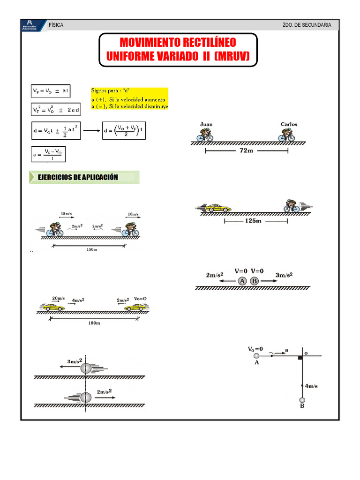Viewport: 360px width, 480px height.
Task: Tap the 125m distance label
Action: point(253,221)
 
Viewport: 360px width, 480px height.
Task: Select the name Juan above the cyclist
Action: point(206,124)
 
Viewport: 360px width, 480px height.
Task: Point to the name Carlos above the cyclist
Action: point(289,124)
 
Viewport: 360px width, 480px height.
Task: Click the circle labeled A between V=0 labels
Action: point(242,281)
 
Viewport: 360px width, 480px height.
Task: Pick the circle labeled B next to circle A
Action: point(254,281)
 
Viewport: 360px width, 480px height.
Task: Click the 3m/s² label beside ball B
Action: point(284,275)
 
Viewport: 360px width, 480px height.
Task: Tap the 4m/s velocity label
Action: point(311,386)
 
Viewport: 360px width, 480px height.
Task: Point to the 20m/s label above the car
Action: point(59,298)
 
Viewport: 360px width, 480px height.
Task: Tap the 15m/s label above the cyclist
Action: point(66,214)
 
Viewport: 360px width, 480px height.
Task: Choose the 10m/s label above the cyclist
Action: point(133,214)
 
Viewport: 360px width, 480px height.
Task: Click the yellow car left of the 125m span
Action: point(219,208)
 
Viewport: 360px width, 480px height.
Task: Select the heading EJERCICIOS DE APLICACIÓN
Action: point(84,177)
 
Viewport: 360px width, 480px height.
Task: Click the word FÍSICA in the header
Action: point(56,25)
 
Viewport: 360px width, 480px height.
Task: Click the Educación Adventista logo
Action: point(30,24)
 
